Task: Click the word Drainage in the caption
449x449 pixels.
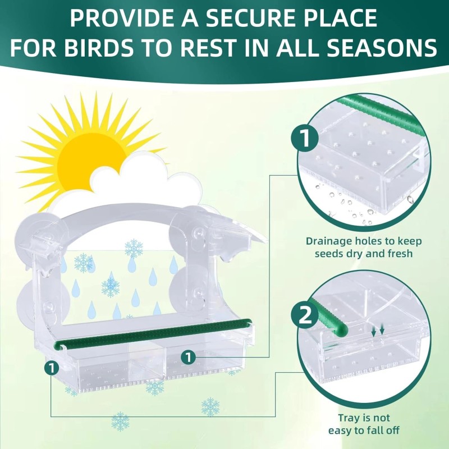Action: point(331,241)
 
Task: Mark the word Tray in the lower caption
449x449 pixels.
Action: point(349,418)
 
